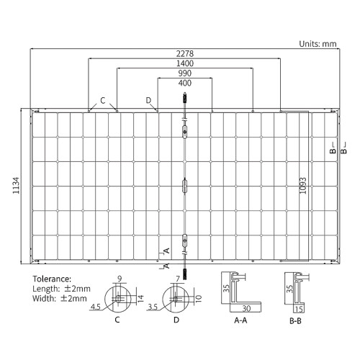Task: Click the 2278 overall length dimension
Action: (x=185, y=53)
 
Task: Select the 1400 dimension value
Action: (x=185, y=63)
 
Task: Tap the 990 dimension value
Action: (x=185, y=73)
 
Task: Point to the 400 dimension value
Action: (x=185, y=83)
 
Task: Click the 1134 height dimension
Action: (x=16, y=186)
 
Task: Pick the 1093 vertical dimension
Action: (x=303, y=186)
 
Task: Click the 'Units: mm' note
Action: (x=318, y=44)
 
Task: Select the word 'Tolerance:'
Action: (x=52, y=279)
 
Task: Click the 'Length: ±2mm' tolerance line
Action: (x=61, y=289)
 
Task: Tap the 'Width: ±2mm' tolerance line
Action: (x=60, y=299)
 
